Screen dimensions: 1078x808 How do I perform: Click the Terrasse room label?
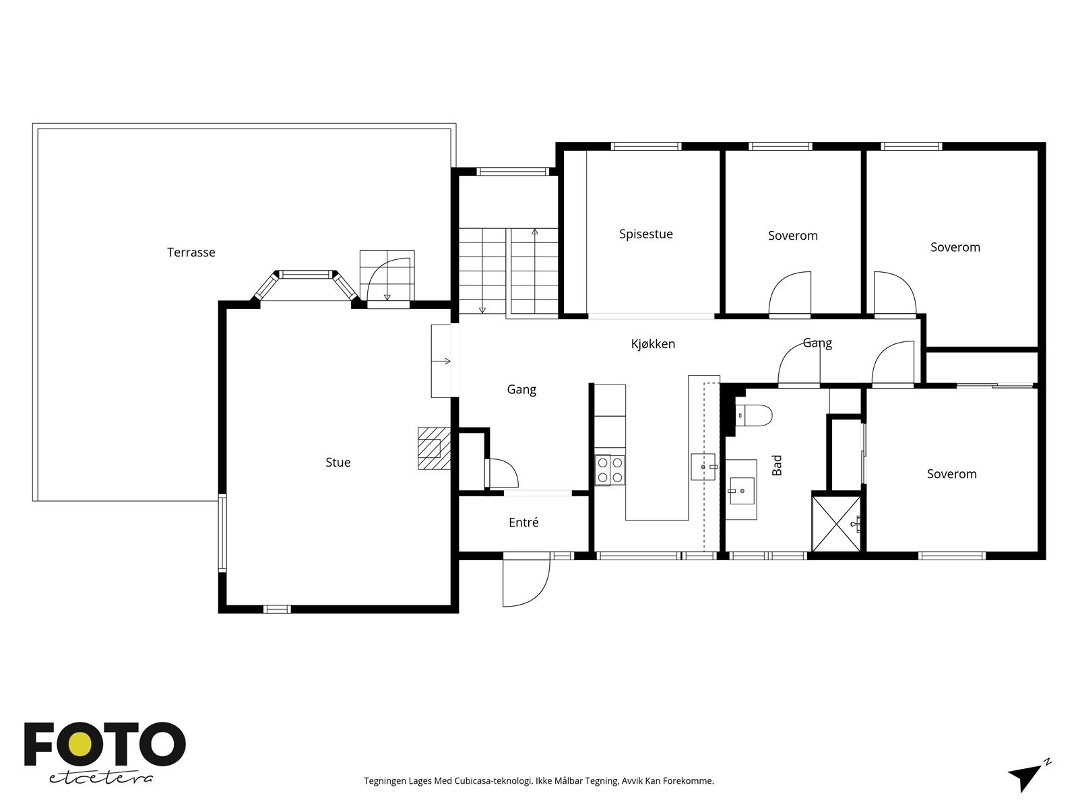tap(191, 252)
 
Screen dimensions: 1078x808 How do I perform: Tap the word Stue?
tap(338, 462)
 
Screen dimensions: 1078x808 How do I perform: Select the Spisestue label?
tap(646, 234)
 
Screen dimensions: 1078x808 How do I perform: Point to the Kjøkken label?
tap(653, 344)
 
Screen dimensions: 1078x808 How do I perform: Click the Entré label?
tap(524, 522)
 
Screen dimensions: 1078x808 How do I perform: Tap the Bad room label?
tap(776, 465)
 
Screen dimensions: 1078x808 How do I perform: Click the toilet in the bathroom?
tap(753, 415)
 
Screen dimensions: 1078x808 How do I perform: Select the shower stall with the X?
tap(836, 524)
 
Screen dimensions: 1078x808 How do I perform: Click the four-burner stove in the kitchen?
tap(610, 470)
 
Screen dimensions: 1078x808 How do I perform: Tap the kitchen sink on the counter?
tap(703, 467)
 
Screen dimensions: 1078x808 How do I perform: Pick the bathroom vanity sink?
tap(742, 491)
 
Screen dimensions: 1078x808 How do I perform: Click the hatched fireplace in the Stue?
tap(434, 448)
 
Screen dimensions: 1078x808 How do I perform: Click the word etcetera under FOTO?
tap(100, 778)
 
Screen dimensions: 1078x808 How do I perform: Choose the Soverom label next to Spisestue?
tap(792, 236)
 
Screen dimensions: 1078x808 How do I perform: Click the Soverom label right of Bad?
tap(951, 474)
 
